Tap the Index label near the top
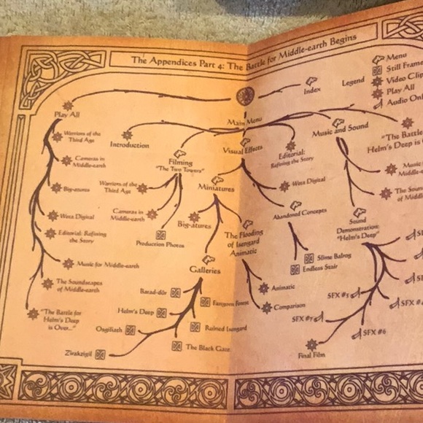(x=311, y=91)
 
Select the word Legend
(x=353, y=82)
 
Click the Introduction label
(x=130, y=145)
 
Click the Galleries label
(x=205, y=269)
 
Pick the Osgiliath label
(x=111, y=330)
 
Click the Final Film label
(x=311, y=355)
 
